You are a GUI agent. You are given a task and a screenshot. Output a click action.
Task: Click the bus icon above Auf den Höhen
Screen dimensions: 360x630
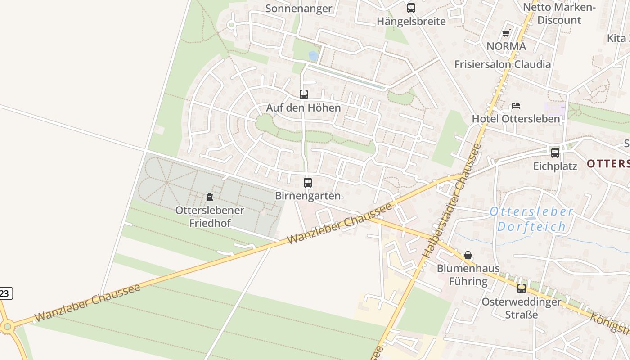click(304, 94)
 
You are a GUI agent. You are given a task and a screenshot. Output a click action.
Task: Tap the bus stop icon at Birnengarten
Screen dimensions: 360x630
click(308, 183)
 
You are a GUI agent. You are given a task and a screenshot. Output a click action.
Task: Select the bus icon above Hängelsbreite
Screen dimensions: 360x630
click(411, 8)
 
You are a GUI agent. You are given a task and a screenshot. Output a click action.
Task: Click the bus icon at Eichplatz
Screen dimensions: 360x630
click(555, 153)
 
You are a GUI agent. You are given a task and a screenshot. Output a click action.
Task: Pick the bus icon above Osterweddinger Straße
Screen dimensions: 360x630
click(522, 288)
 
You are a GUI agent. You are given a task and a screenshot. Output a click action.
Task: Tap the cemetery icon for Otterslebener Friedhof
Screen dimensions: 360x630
click(209, 197)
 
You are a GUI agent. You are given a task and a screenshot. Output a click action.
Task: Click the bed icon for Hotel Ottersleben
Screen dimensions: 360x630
click(516, 106)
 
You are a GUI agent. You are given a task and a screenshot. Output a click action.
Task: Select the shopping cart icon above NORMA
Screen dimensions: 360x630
click(506, 33)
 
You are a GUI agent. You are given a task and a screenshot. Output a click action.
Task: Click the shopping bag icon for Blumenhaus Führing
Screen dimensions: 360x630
click(468, 255)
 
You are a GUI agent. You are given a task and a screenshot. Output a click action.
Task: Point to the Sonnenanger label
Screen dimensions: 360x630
click(299, 8)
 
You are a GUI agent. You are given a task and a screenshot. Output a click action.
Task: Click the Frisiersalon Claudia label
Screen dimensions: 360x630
click(502, 64)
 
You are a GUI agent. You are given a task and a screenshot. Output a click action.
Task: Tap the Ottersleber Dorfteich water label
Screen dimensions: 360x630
click(531, 219)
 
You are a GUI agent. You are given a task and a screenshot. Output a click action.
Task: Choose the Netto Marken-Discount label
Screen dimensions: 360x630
click(559, 13)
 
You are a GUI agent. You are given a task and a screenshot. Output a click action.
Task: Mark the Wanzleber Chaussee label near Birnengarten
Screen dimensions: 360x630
click(339, 223)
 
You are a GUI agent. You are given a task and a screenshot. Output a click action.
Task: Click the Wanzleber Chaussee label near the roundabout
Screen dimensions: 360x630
click(87, 302)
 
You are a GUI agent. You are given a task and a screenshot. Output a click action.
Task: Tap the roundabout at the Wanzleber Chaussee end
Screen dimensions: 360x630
click(7, 326)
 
